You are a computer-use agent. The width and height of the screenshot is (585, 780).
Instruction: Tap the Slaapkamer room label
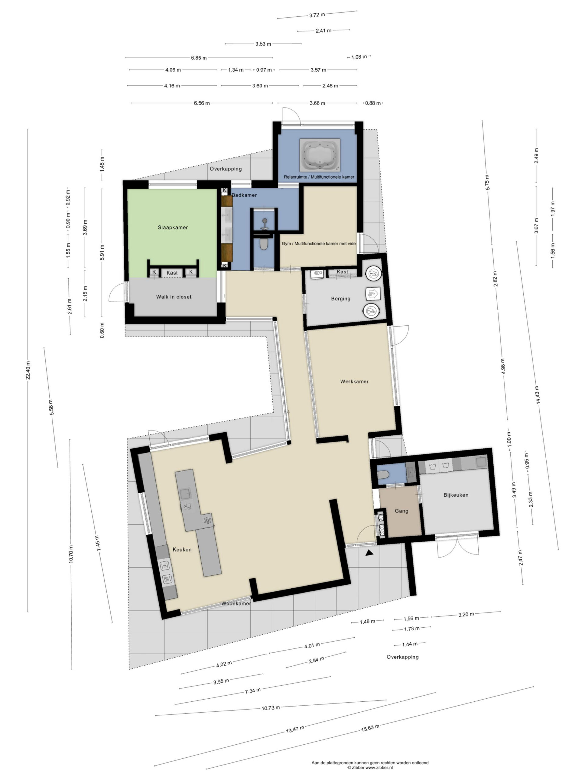[x=173, y=227]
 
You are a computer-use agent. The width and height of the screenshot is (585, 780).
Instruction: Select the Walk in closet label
[x=174, y=297]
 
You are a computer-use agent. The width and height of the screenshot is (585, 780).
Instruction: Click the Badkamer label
[x=244, y=195]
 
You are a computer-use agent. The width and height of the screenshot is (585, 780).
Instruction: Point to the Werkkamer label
[x=354, y=381]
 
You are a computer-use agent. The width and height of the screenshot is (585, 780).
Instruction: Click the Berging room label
[x=341, y=299]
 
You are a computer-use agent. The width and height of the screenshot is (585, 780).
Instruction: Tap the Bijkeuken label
[x=456, y=495]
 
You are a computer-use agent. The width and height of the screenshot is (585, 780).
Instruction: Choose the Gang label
[x=402, y=511]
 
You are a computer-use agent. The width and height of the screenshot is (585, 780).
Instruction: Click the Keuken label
[x=182, y=549]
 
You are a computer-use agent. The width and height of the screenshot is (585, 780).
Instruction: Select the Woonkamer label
[x=236, y=603]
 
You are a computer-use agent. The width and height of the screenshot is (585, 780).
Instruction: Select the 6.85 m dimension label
[x=199, y=58]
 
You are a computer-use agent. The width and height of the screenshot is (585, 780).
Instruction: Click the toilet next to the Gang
[x=384, y=475]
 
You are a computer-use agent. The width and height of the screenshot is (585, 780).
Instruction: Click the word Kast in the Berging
[x=342, y=272]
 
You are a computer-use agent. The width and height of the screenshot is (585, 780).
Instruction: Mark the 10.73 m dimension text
[x=271, y=708]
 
